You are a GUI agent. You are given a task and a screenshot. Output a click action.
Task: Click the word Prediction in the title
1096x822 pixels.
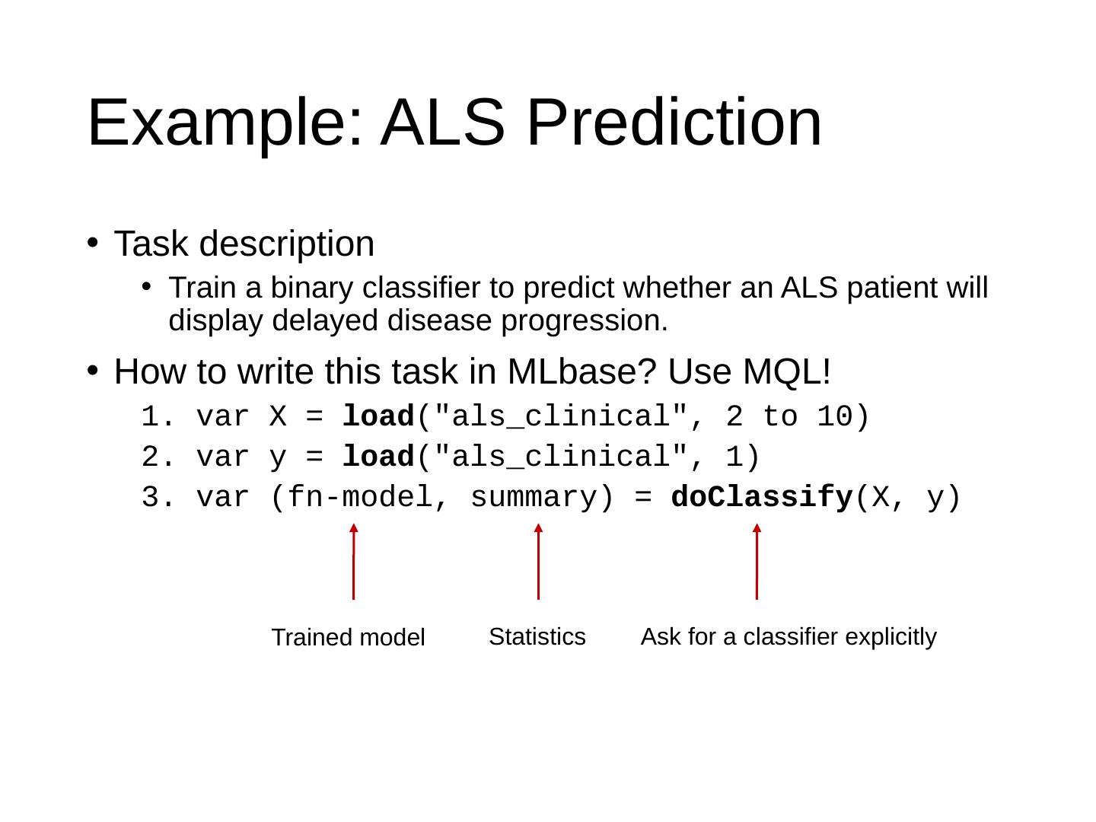[674, 123]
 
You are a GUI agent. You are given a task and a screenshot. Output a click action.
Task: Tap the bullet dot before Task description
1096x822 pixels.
[91, 242]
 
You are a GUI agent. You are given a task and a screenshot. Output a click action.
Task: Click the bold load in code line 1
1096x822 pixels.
[378, 417]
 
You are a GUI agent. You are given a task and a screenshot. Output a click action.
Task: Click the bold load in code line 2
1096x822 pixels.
[378, 457]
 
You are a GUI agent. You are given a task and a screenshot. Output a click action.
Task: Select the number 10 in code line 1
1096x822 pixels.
[835, 417]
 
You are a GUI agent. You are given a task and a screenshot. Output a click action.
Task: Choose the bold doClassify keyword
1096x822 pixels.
[761, 498]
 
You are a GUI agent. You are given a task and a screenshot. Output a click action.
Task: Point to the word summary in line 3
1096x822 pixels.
[533, 498]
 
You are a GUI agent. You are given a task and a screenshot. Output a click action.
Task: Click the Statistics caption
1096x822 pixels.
[537, 636]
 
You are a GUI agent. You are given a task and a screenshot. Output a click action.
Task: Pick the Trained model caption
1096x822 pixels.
[348, 638]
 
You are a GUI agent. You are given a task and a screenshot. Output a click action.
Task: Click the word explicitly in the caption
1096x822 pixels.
[890, 636]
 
